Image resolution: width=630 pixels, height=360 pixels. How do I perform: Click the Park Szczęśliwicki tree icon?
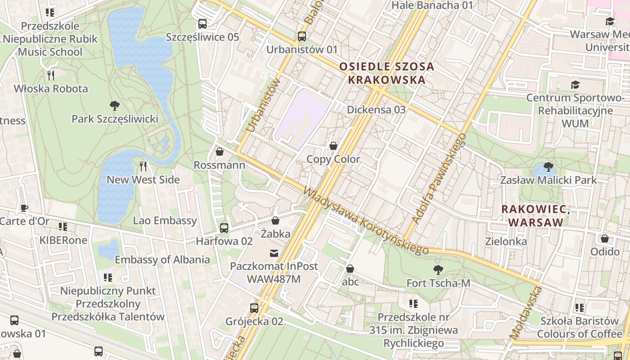114,106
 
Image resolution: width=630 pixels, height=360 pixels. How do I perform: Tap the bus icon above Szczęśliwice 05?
202,24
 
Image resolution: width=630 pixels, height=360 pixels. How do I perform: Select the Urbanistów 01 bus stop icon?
301,36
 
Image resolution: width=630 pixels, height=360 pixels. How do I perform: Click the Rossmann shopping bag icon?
220,152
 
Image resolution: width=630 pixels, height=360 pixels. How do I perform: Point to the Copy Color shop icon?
333,146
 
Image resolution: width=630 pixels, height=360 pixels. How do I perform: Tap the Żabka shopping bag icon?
275,221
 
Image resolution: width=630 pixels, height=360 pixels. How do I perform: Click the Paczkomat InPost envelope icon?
274,253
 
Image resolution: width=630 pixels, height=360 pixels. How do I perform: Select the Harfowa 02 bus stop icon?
224,228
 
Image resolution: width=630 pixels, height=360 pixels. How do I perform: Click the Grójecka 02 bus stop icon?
254,308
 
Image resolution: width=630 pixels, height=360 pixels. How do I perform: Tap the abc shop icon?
350,269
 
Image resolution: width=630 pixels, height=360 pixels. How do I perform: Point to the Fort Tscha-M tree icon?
438,270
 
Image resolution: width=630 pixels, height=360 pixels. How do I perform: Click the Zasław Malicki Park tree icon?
548,167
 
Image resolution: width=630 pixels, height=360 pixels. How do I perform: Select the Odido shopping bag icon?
605,239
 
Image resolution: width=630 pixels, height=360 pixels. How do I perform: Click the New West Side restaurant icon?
143,166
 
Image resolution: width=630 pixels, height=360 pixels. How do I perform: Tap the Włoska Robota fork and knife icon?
51,76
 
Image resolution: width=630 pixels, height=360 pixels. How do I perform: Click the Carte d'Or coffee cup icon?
24,208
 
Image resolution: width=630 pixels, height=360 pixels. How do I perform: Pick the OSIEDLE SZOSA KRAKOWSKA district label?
386,73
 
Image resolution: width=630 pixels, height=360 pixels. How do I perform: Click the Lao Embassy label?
165,220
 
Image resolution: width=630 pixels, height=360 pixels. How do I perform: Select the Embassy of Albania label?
162,260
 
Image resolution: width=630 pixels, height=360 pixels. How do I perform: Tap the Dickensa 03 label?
376,110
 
